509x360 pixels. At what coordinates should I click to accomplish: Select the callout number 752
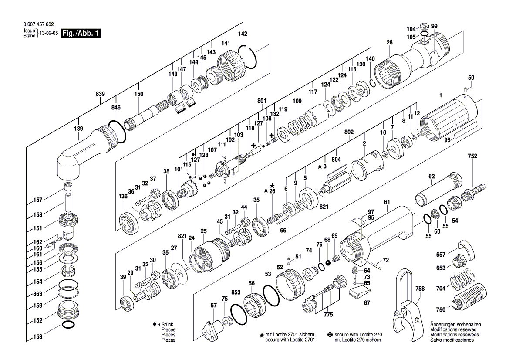point(472,156)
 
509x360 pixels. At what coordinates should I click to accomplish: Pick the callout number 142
point(243,34)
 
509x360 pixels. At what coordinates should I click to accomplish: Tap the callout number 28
point(389,43)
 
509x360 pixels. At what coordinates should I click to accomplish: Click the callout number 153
point(38,337)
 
